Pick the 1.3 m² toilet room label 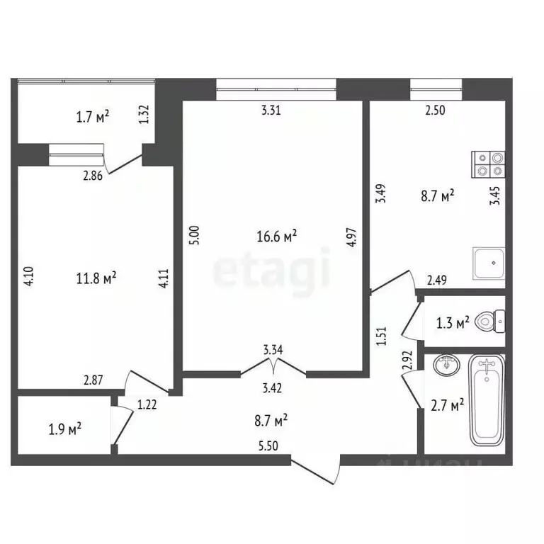[x=454, y=323]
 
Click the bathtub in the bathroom [x=487, y=401]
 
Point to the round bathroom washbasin [x=447, y=366]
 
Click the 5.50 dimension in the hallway [x=269, y=446]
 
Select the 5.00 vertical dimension [x=195, y=235]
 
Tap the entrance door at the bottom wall [x=315, y=471]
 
